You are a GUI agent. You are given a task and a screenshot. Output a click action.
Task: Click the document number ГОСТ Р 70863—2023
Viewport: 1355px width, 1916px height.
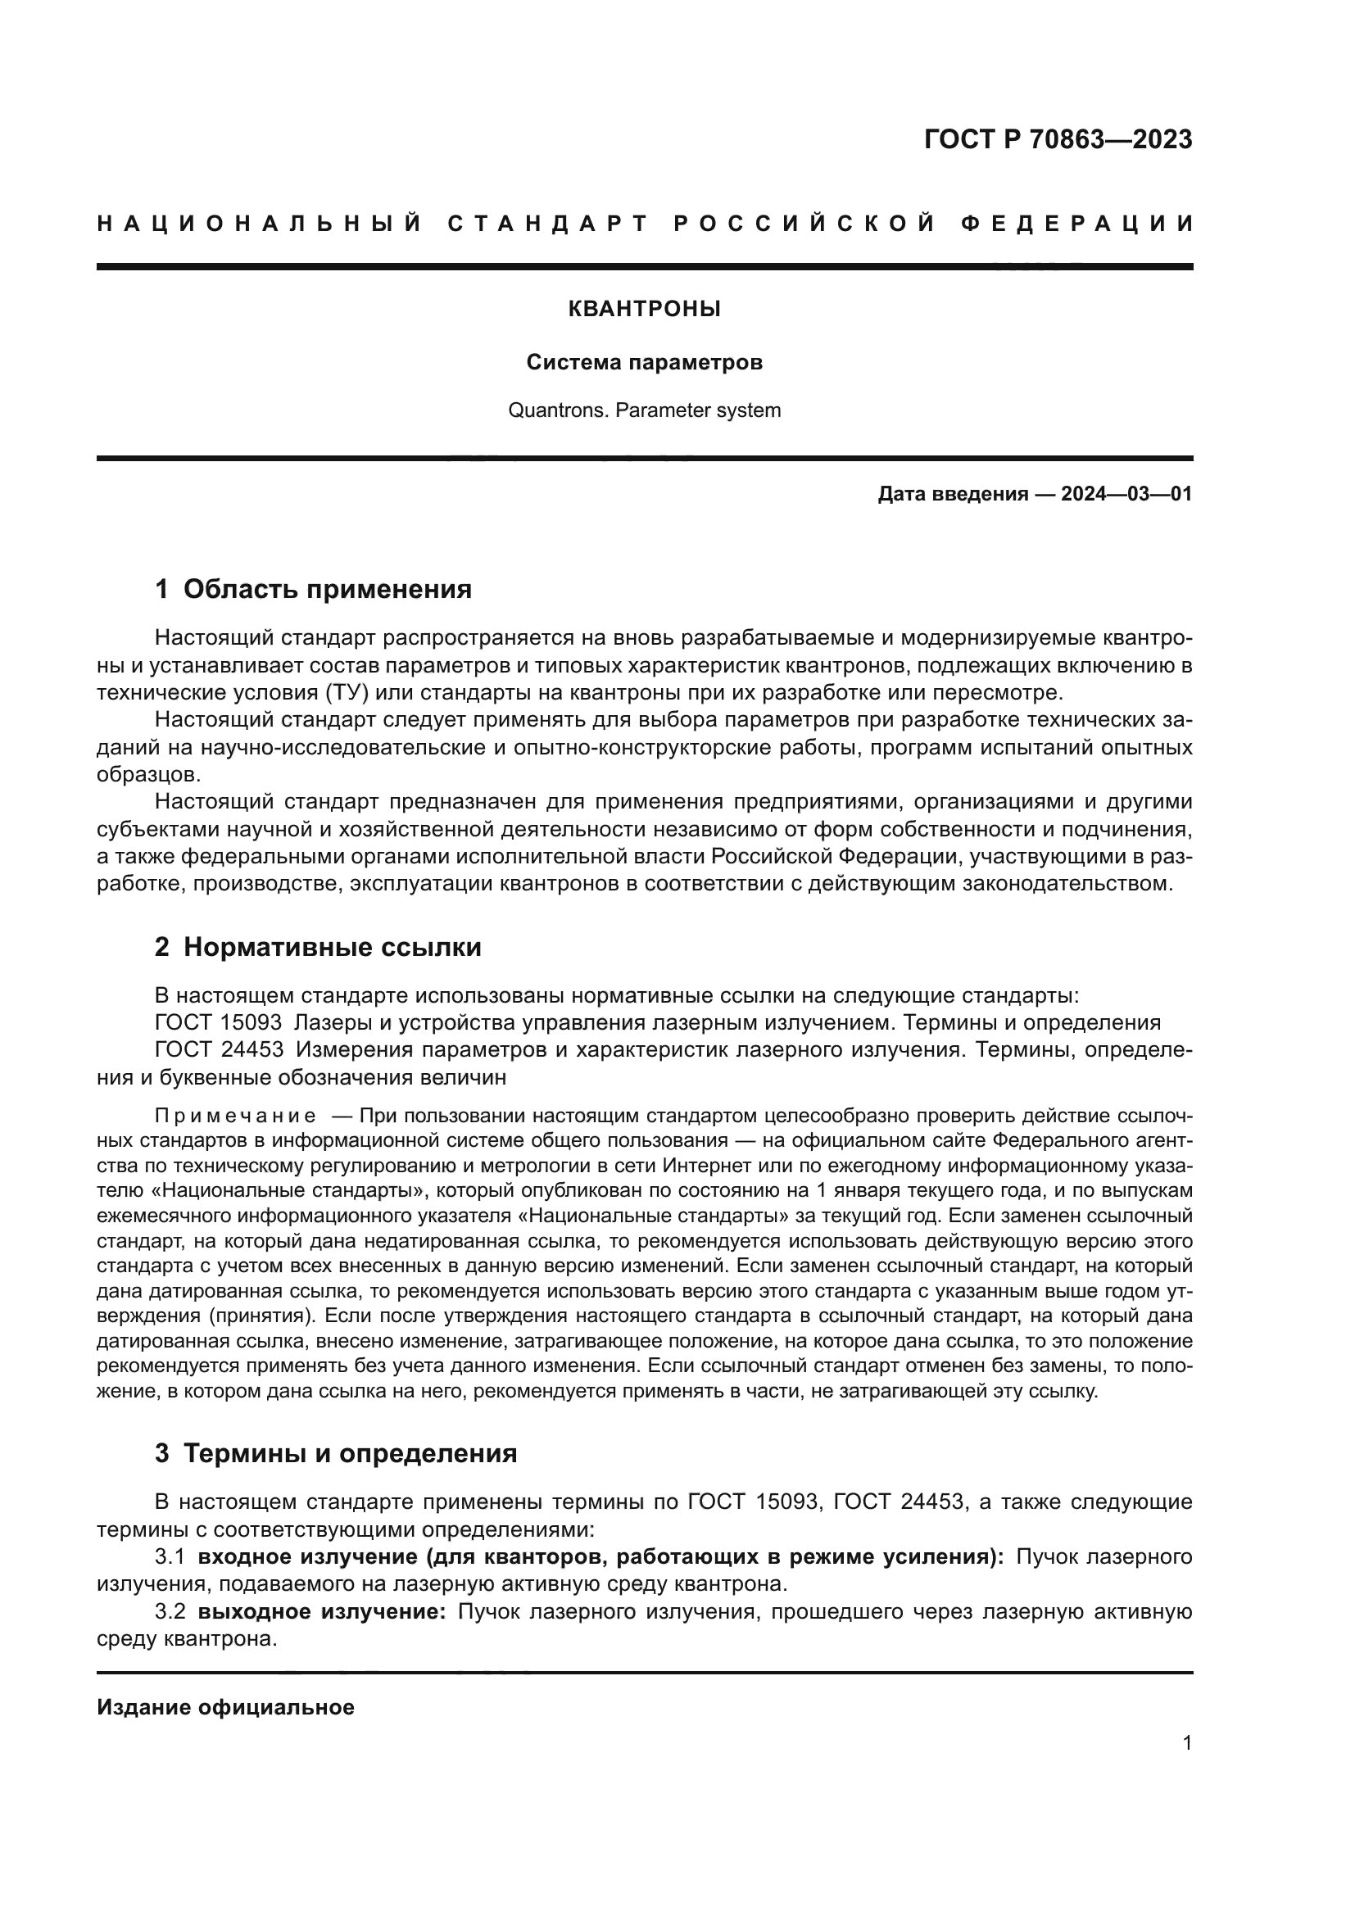[1057, 139]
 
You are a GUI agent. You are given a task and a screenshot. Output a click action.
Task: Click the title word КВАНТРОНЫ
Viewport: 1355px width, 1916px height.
[644, 310]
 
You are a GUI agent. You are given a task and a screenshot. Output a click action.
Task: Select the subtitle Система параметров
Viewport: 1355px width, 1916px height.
[644, 363]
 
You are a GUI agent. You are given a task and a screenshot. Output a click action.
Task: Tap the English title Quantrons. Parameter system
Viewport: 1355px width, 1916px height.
[644, 410]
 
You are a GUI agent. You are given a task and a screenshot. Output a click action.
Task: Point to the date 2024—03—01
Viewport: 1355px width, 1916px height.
[1126, 494]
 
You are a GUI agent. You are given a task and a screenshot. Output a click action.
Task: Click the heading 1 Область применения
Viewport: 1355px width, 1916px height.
[313, 589]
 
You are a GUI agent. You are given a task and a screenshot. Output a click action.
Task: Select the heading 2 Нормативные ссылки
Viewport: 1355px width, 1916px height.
[318, 947]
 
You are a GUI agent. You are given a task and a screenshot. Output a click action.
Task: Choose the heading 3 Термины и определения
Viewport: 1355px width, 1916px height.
[335, 1454]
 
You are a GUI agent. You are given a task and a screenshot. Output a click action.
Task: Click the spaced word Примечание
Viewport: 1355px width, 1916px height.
[234, 1117]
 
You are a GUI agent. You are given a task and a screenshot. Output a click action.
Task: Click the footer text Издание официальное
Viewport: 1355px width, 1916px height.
[225, 1707]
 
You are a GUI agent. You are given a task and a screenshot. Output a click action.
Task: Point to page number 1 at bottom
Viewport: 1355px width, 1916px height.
[1186, 1743]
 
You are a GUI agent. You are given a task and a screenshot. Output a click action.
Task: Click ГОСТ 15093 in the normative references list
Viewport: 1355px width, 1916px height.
[219, 1023]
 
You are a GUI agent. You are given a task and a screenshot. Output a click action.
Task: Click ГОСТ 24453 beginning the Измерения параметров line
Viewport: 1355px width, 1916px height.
[219, 1050]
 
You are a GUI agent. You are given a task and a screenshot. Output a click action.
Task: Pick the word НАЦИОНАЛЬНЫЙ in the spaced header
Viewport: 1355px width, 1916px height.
[260, 224]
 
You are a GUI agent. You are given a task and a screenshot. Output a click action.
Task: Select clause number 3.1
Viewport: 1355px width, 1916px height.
[169, 1557]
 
